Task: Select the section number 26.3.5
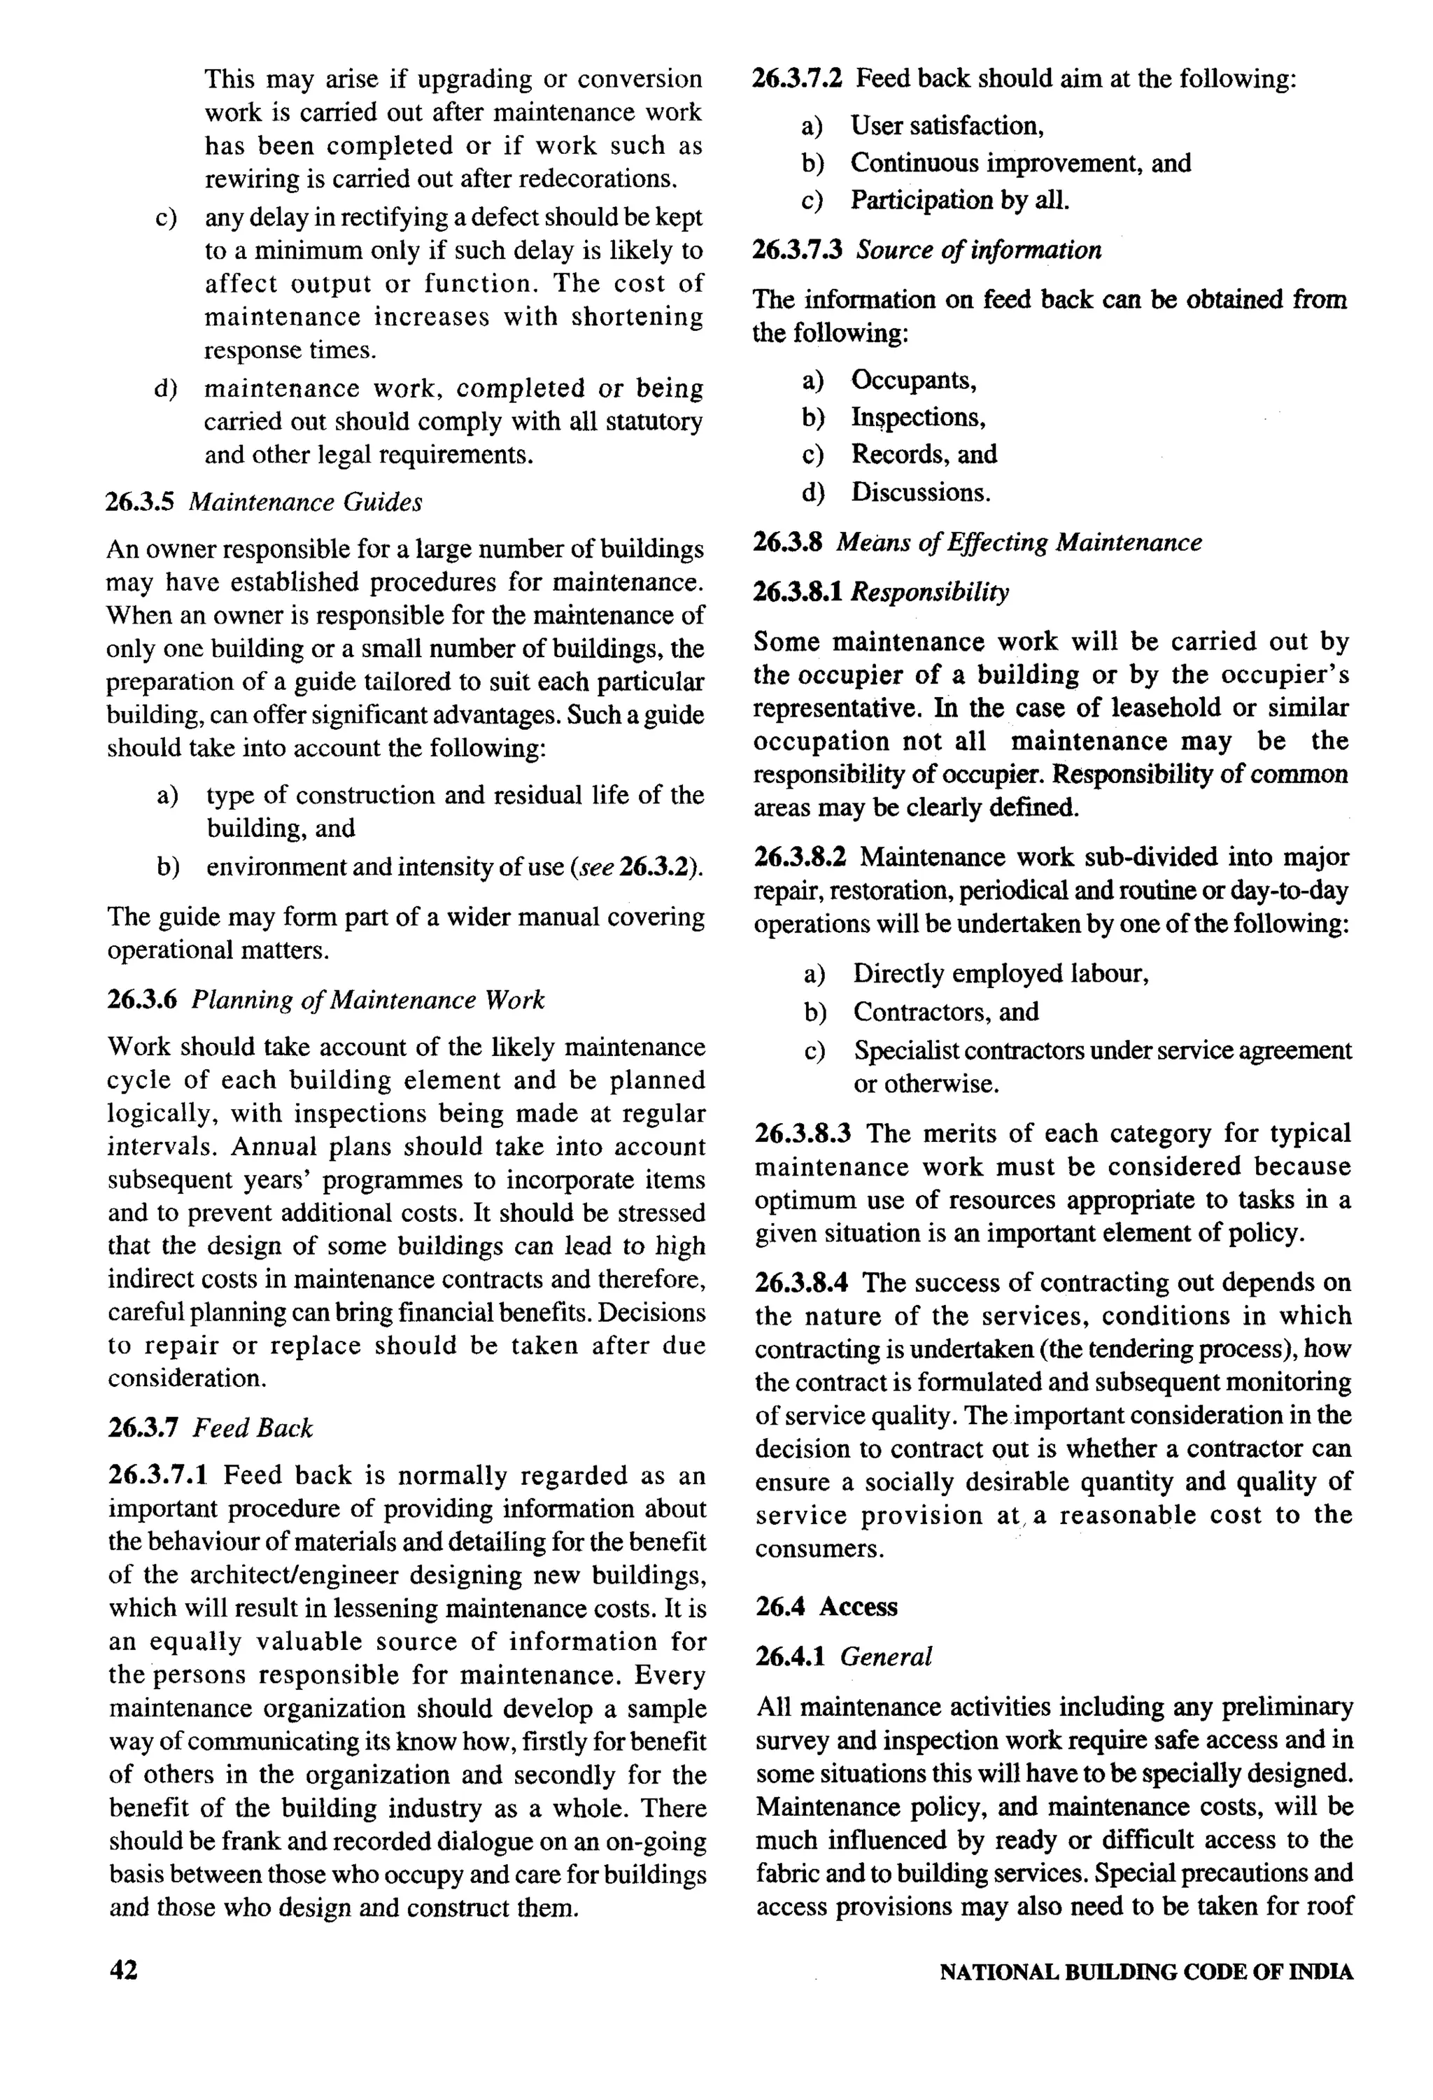pyautogui.click(x=143, y=502)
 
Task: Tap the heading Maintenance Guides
pyautogui.click(x=304, y=502)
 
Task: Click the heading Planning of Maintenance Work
pyautogui.click(x=368, y=999)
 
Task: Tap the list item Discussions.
pyautogui.click(x=921, y=493)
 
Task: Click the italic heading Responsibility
pyautogui.click(x=930, y=592)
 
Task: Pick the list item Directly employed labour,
pyautogui.click(x=1000, y=973)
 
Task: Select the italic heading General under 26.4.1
pyautogui.click(x=885, y=1656)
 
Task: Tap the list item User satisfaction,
pyautogui.click(x=947, y=125)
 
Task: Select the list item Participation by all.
pyautogui.click(x=959, y=199)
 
